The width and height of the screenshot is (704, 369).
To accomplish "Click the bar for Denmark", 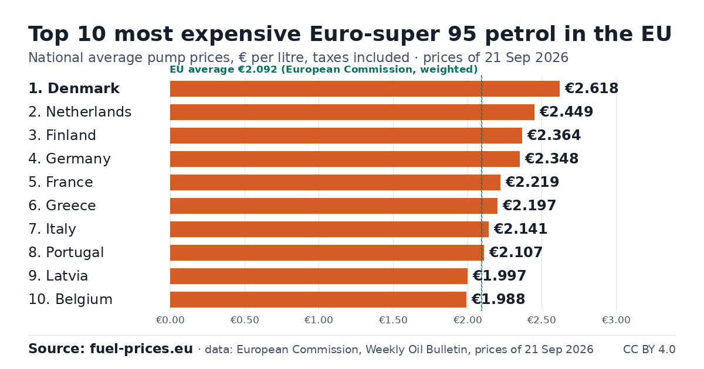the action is click(365, 88).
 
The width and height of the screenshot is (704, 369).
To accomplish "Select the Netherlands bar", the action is click(353, 112).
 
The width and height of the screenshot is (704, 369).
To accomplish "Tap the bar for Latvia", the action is click(319, 276).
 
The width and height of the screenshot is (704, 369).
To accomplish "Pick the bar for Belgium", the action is click(318, 300).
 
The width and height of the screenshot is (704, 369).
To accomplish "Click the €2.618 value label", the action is click(591, 88).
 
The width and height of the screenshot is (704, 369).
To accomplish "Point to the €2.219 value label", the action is click(532, 182).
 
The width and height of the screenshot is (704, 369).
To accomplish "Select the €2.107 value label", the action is click(516, 252).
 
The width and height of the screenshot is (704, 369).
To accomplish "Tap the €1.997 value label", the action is click(499, 276).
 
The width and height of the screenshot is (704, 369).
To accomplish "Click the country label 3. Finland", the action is click(62, 135).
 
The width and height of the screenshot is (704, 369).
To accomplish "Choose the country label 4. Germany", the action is click(69, 159).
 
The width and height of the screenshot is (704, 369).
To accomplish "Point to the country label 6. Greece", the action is click(62, 206).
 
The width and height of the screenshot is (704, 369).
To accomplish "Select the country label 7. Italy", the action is click(52, 230).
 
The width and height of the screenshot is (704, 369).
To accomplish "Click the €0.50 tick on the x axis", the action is click(245, 320).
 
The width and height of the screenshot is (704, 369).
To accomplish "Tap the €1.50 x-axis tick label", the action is click(393, 320).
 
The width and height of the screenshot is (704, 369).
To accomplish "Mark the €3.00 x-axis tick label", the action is click(616, 320).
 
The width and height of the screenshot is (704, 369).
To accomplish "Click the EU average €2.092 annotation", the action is click(324, 70).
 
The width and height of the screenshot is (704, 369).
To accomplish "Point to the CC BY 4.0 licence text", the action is click(649, 350).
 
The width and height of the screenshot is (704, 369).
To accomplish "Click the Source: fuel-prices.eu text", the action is click(111, 349).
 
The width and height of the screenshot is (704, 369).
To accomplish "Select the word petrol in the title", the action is click(520, 35).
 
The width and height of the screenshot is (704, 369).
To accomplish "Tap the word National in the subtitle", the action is click(56, 58).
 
